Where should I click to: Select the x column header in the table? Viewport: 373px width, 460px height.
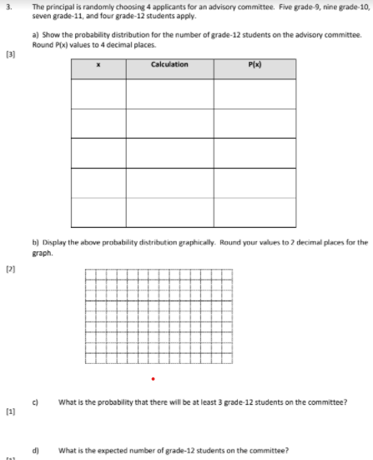point(99,64)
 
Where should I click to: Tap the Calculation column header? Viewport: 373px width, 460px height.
point(170,64)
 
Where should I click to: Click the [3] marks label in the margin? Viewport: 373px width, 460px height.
point(9,53)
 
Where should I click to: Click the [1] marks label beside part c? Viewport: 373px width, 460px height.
point(9,414)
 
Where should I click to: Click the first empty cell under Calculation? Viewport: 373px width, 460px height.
point(169,93)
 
